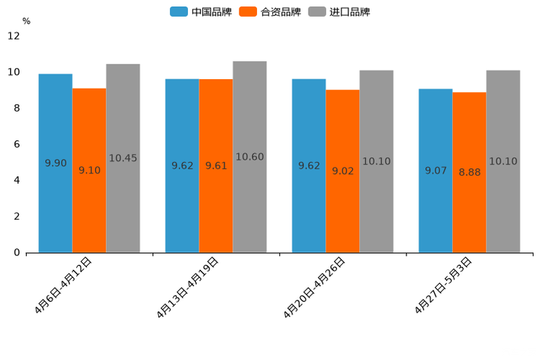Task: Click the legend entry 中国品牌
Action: pyautogui.click(x=201, y=12)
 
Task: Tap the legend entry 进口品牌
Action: pyautogui.click(x=340, y=12)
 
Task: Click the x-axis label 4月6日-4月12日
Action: pyautogui.click(x=64, y=285)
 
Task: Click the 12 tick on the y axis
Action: pyautogui.click(x=15, y=36)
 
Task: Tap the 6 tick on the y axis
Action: pyautogui.click(x=17, y=144)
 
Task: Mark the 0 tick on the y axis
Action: pyautogui.click(x=17, y=253)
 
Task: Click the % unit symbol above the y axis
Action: pyautogui.click(x=26, y=22)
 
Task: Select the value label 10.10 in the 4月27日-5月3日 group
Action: pyautogui.click(x=503, y=161)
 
